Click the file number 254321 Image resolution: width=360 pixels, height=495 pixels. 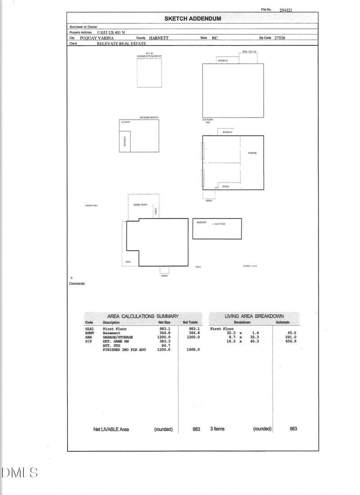coord(286,10)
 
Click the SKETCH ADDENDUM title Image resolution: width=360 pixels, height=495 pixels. coord(193,18)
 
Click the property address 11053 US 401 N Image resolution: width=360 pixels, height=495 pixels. coord(112,32)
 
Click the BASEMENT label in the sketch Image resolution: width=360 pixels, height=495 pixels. coord(201,223)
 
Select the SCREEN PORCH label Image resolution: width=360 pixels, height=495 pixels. coord(140,205)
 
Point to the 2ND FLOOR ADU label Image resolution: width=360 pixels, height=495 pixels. coord(207,121)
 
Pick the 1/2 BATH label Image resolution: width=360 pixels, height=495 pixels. coord(125,122)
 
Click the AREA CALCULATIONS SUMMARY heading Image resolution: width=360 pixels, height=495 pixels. coord(143,316)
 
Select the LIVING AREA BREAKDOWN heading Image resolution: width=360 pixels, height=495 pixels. coord(254,316)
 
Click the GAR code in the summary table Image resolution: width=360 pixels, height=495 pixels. coord(89,337)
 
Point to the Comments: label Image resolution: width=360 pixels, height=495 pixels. coord(77,284)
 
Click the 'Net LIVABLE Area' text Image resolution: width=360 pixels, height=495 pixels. coord(111,429)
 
